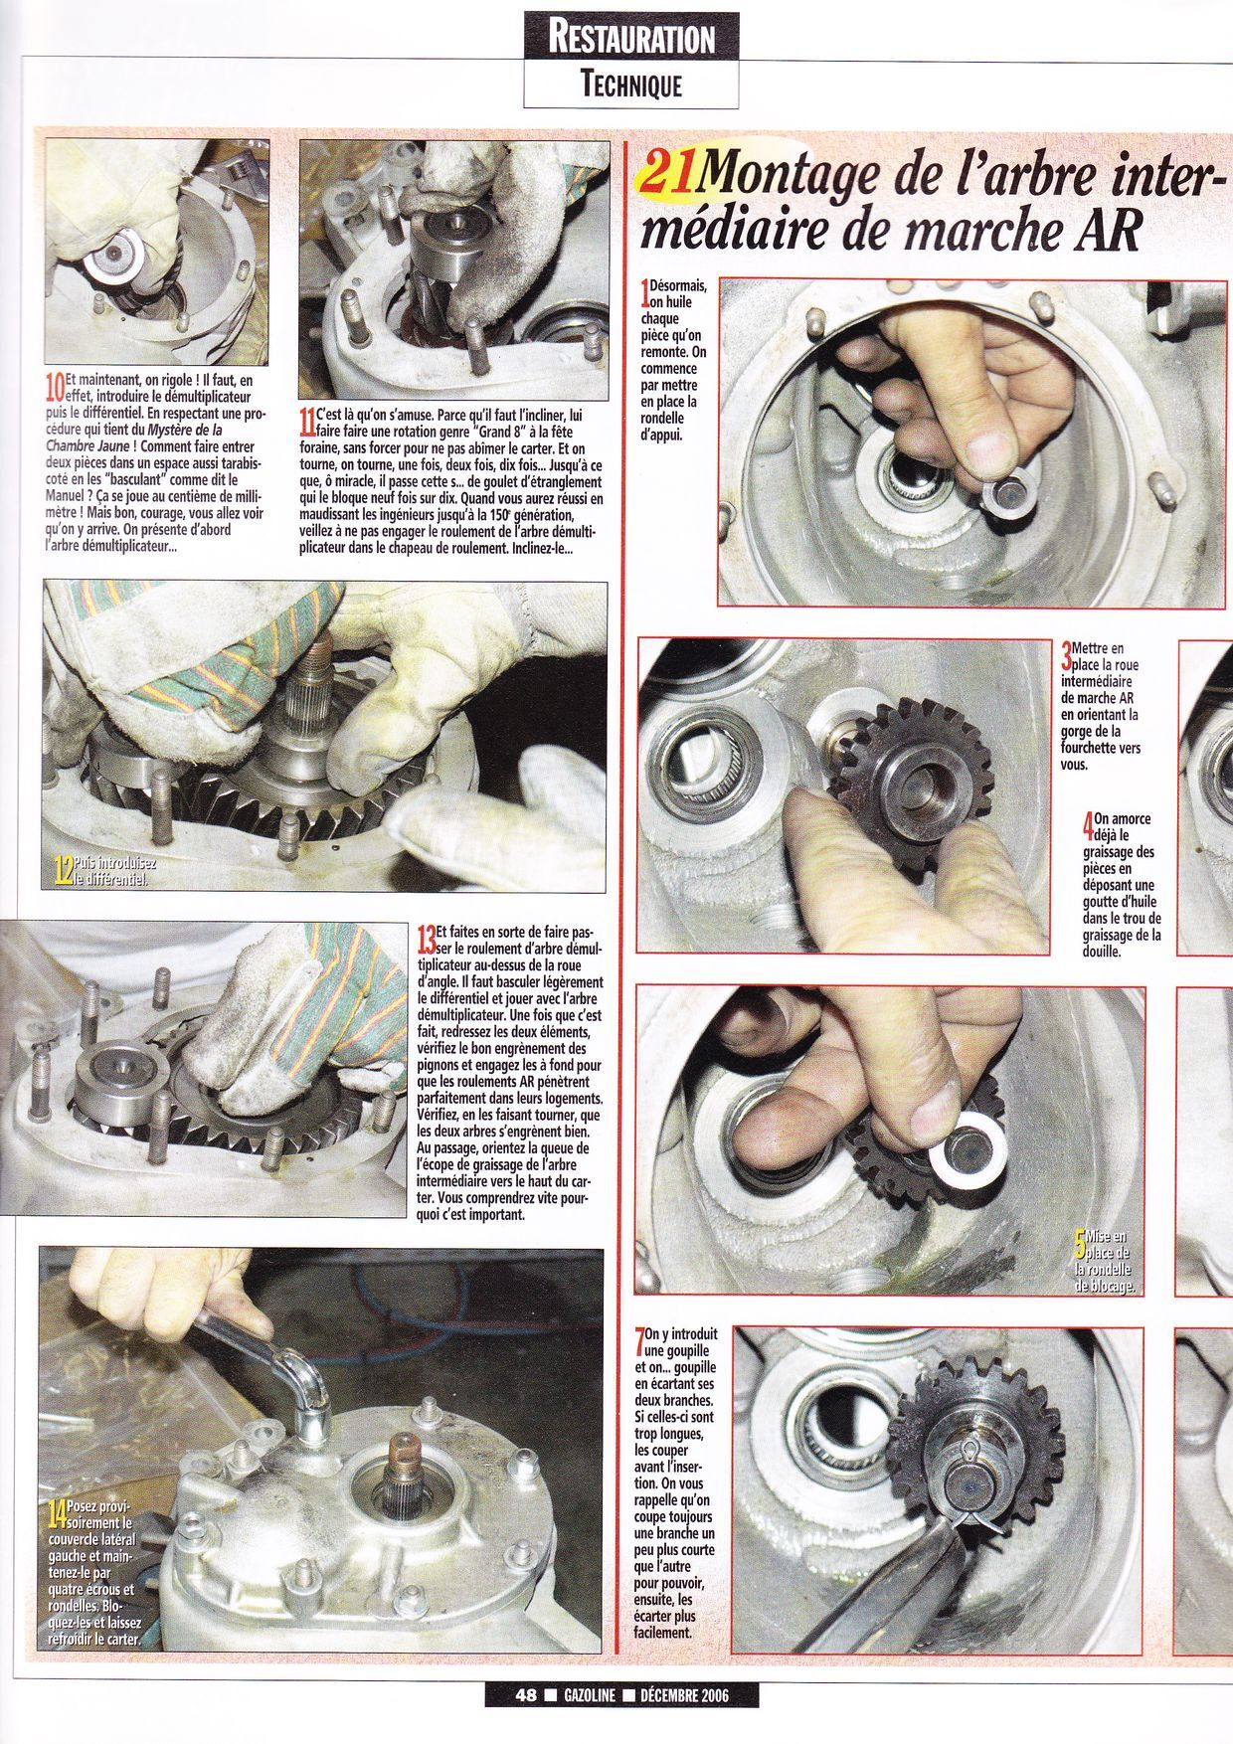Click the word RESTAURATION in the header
click(x=631, y=39)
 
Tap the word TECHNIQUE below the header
click(x=631, y=86)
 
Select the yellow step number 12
click(x=63, y=872)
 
